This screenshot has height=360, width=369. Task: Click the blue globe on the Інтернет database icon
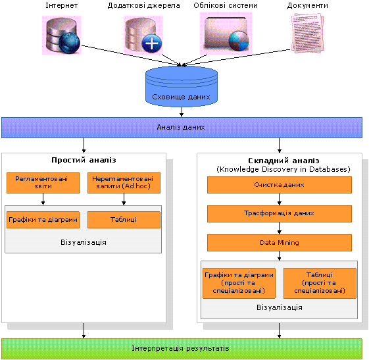click(70, 43)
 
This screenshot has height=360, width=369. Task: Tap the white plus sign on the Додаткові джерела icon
click(152, 43)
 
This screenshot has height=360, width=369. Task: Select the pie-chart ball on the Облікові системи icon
click(239, 41)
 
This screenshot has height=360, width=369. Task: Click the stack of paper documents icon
click(308, 32)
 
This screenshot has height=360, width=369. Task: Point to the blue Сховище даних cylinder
click(182, 86)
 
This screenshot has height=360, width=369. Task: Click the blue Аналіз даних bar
click(182, 128)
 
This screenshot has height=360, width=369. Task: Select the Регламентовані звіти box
click(43, 183)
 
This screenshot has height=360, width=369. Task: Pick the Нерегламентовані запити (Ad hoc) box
click(124, 183)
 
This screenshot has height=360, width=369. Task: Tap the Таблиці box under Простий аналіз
click(124, 220)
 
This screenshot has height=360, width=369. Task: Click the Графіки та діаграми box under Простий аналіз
click(43, 220)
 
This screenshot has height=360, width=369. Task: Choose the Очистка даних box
click(280, 185)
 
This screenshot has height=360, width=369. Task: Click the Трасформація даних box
click(280, 213)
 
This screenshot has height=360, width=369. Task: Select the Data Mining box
click(280, 243)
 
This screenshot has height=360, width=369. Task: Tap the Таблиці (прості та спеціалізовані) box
click(320, 283)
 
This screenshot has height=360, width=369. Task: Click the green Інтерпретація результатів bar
click(182, 349)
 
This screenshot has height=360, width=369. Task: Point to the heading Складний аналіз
click(283, 161)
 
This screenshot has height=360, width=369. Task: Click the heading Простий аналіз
click(84, 160)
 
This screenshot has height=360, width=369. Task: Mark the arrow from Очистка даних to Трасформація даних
click(280, 199)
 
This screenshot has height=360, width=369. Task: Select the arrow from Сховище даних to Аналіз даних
click(182, 112)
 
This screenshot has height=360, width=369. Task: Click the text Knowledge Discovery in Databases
click(283, 169)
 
